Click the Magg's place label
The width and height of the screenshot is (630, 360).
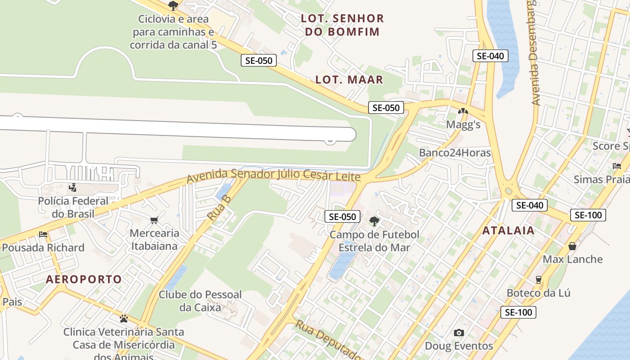[x=463, y=125]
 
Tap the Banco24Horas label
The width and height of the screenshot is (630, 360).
[x=454, y=153]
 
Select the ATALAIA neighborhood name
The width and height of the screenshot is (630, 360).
[x=508, y=231]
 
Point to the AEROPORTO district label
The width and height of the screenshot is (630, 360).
[x=84, y=279]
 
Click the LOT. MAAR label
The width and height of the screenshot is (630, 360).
[x=349, y=80]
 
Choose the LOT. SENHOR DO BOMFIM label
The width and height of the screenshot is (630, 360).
[x=342, y=25]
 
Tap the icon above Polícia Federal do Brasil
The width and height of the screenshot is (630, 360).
[x=72, y=187]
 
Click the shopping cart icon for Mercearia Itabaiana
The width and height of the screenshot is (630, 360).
[x=154, y=220]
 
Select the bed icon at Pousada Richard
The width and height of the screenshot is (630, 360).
[x=43, y=234]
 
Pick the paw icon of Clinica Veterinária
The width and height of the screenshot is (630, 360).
[x=124, y=319]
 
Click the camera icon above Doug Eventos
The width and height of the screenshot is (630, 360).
[x=459, y=333]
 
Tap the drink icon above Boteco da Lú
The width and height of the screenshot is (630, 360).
[x=538, y=279]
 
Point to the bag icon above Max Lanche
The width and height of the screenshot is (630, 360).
[x=572, y=246]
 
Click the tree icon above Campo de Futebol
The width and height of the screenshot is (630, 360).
[x=374, y=221]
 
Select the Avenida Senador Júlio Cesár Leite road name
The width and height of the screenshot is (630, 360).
[x=274, y=175]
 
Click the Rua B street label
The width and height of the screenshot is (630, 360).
[x=219, y=207]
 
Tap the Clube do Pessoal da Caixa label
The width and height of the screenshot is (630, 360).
[x=200, y=301]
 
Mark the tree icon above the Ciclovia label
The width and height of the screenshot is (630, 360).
[x=173, y=6]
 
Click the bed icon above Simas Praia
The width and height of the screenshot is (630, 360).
[x=617, y=166]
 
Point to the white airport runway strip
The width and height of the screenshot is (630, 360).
[x=180, y=128]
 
